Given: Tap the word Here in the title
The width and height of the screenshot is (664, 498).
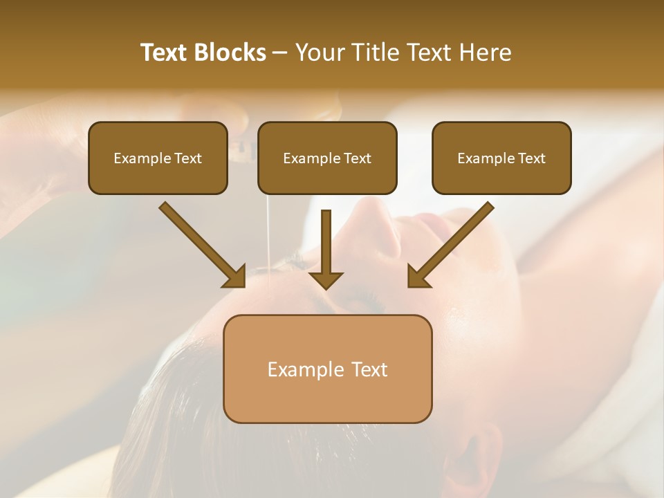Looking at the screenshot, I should coord(484,53).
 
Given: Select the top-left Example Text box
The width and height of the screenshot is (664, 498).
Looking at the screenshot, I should coord(158,158).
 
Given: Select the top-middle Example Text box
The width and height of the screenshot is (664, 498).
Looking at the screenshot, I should coord(327,158).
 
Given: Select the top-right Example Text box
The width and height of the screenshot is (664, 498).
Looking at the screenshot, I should coord(501,158).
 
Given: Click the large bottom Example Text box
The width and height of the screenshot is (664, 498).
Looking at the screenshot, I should coord(327,369).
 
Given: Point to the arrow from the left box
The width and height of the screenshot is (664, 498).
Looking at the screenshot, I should coord(201,243).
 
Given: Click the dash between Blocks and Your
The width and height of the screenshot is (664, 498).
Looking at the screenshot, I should coord(280,53).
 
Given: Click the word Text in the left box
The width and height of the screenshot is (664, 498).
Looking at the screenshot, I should coord(187,158).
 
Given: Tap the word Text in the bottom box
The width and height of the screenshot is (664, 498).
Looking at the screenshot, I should coord(369,369).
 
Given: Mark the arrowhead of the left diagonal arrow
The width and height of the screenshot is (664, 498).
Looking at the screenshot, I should coord(235,277).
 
